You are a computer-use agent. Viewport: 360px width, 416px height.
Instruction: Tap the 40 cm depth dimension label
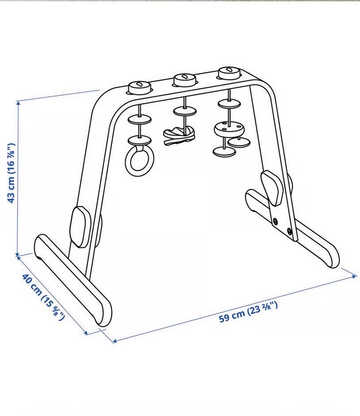coord(43,297)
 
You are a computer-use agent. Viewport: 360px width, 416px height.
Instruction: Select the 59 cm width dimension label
coord(248,312)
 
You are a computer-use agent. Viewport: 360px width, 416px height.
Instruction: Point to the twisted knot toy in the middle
coord(180,136)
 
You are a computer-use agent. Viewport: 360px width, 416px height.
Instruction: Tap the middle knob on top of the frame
coord(185,79)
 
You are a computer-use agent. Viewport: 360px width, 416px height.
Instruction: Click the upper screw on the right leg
coord(276,221)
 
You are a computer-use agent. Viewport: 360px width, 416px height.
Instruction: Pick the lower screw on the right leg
coord(289,231)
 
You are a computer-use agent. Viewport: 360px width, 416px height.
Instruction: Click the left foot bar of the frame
coord(73,280)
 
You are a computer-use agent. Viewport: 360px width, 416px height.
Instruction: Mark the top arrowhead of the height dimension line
coord(18,103)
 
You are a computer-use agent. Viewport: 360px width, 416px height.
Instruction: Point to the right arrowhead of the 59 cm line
coord(354,276)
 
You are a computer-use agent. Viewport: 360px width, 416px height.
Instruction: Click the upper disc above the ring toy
coord(139,119)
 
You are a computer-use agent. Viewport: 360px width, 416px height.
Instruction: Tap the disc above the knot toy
coord(185,111)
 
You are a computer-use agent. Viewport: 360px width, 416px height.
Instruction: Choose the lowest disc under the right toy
coord(224,152)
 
